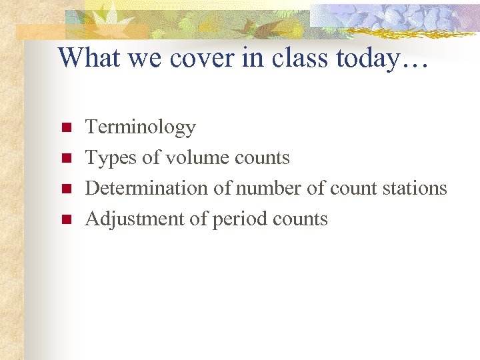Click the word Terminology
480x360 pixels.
point(141,127)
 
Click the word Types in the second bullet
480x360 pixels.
point(107,158)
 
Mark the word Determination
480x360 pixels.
point(147,189)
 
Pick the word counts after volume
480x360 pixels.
point(262,158)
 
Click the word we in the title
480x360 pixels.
point(140,58)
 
